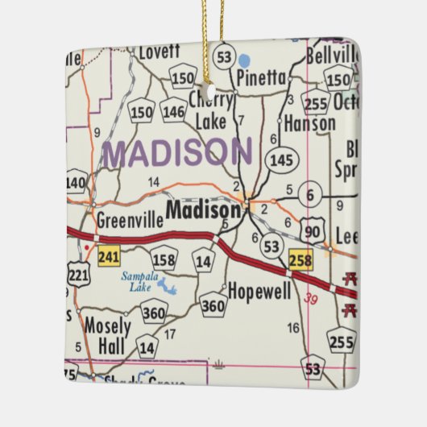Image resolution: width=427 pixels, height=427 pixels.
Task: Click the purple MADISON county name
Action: pyautogui.click(x=177, y=152)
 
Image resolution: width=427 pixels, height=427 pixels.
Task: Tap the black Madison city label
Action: pyautogui.click(x=202, y=209)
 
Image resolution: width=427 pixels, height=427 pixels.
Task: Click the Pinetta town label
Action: pyautogui.click(x=261, y=78)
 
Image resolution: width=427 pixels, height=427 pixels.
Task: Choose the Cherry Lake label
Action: pyautogui.click(x=211, y=110)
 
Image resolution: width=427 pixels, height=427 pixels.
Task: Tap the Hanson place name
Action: pyautogui.click(x=310, y=124)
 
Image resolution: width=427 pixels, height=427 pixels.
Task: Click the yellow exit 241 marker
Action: pyautogui.click(x=109, y=257)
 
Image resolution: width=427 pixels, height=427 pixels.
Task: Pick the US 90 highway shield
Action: pyautogui.click(x=312, y=231)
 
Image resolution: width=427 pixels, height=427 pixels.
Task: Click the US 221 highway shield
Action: pyautogui.click(x=78, y=276)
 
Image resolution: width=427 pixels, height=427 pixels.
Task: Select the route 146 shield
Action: pyautogui.click(x=173, y=111)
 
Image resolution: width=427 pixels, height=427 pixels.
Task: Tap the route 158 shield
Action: pyautogui.click(x=164, y=259)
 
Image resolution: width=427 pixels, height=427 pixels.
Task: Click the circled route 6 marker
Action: pyautogui.click(x=309, y=194)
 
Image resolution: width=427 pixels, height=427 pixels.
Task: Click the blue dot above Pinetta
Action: pyautogui.click(x=245, y=60)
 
